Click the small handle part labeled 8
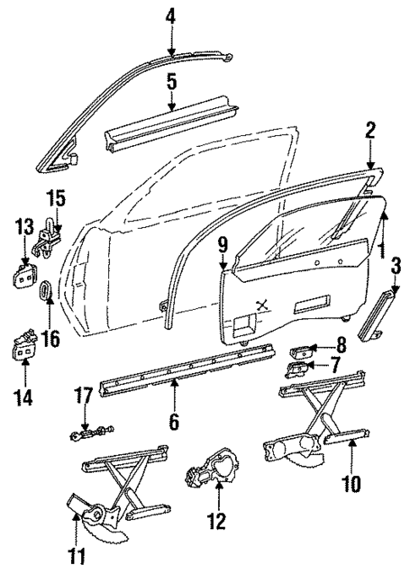[301, 348]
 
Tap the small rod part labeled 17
[86, 434]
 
